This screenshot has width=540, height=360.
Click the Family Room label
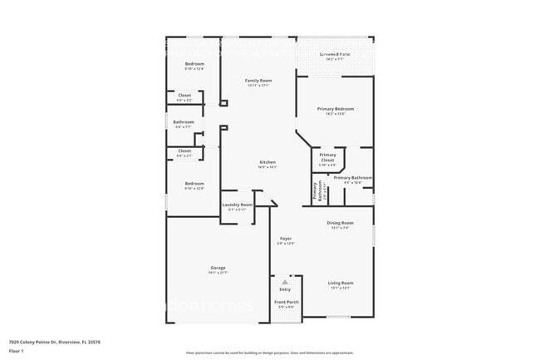pyautogui.click(x=258, y=81)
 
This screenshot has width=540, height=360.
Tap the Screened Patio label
pyautogui.click(x=335, y=55)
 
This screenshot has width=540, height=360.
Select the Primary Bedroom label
pyautogui.click(x=336, y=109)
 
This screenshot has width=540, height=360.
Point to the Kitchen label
pyautogui.click(x=267, y=162)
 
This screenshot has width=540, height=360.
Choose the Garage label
pyautogui.click(x=218, y=268)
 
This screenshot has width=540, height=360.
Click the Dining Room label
pyautogui.click(x=341, y=223)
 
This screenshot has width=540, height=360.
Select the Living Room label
pyautogui.click(x=341, y=284)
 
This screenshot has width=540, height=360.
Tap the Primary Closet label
pyautogui.click(x=328, y=156)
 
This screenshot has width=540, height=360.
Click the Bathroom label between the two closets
pyautogui.click(x=184, y=122)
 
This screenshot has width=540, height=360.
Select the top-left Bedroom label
pyautogui.click(x=194, y=64)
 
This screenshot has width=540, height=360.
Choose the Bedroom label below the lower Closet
pyautogui.click(x=194, y=184)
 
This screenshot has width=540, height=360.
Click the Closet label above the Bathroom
pyautogui.click(x=184, y=96)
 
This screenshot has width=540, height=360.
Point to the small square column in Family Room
pyautogui.click(x=223, y=104)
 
